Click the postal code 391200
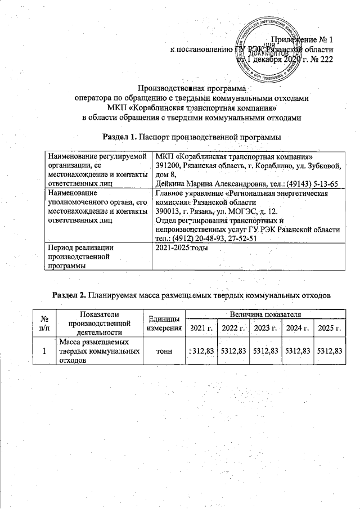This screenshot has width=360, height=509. point(168,165)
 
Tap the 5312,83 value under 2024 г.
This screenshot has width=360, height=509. point(298,350)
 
